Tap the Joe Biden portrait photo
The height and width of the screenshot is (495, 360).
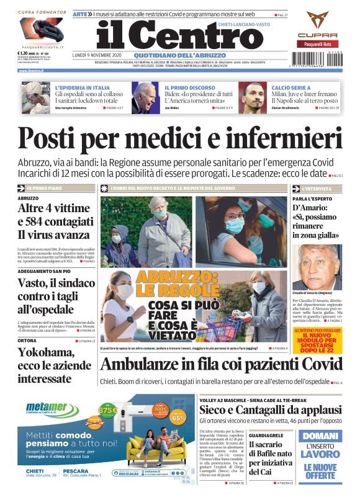tap(145, 96)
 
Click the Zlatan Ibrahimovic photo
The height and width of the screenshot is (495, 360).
tap(253, 96)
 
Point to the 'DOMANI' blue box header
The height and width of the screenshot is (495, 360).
tap(320, 437)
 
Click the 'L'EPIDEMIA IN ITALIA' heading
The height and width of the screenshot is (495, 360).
tap(83, 88)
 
